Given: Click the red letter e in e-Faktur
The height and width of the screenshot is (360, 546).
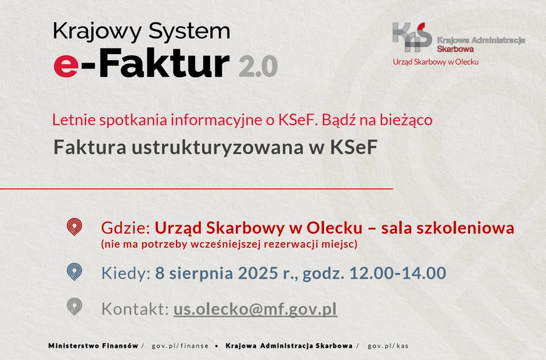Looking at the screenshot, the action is coord(66,66).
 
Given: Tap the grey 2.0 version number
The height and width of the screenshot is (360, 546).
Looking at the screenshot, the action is coord(258,66).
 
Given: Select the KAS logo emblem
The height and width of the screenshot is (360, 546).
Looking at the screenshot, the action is coord(412,37).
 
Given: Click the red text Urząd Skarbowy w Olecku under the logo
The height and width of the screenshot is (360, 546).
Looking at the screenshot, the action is coord(436,62).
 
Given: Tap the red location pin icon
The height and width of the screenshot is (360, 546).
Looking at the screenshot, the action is coord(74,227).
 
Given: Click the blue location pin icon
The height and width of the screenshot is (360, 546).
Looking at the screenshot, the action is coord(74,272).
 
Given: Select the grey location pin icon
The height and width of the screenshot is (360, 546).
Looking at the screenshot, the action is coord(74,307).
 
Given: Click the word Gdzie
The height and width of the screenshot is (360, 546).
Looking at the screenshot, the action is coord(126,228).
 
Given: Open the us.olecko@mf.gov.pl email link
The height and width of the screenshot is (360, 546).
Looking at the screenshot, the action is coord(255,310).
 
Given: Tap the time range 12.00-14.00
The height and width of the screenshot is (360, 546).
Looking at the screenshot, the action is coord(397,273).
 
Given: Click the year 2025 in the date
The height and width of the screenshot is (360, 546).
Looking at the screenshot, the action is coord(258,273).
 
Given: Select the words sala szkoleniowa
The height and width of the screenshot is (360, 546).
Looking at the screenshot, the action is coord(448,228).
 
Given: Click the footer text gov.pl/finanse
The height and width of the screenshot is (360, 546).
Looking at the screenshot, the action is coord(180,346).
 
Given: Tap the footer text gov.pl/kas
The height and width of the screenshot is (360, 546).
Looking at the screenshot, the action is coord(388,346).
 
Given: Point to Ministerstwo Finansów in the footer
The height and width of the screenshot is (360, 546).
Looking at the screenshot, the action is coord(93,345).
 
